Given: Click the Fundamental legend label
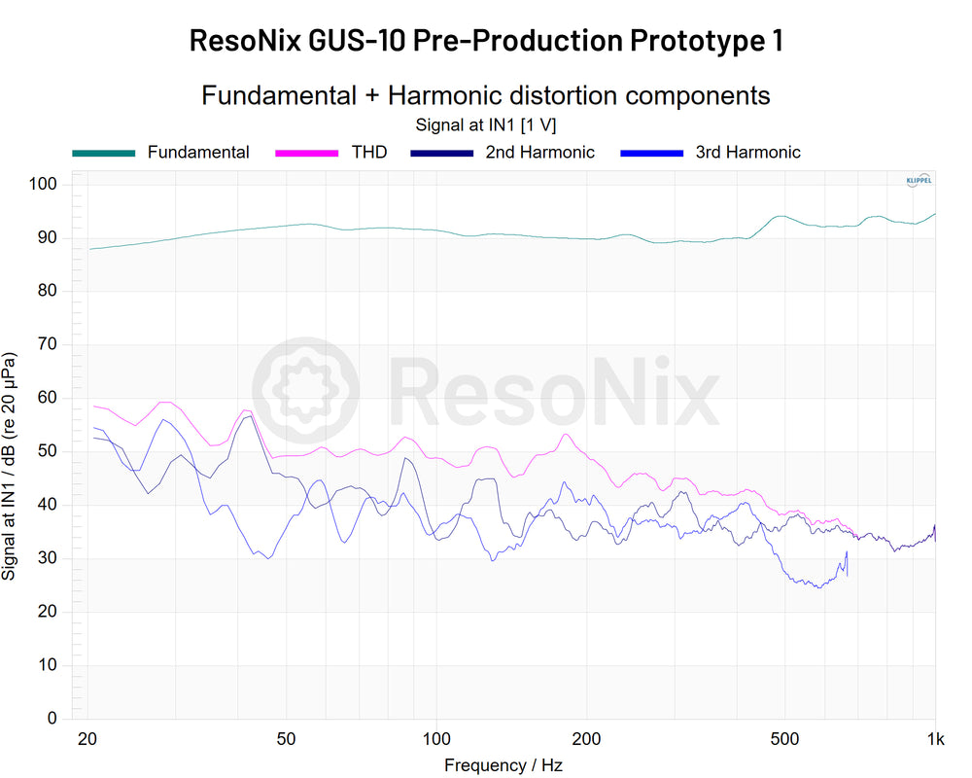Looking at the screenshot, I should click(198, 153).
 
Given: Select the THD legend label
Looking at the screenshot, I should click(369, 153).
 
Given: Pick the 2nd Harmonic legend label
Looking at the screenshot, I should click(540, 153).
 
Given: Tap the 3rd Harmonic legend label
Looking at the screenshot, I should click(747, 153).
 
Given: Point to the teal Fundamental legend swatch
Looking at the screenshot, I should click(103, 153).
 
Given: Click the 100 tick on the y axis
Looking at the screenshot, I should click(46, 185).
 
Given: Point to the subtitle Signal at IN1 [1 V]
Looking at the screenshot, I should click(485, 124).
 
